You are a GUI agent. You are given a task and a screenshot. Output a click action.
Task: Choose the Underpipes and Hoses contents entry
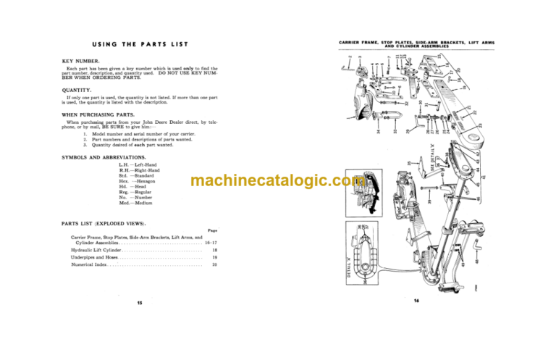tap(96, 257)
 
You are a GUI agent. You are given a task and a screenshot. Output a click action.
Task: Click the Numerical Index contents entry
tap(93, 265)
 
